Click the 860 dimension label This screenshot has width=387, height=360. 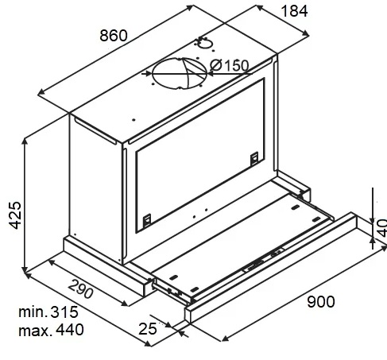tap(114, 36)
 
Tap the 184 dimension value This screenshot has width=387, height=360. tap(294, 11)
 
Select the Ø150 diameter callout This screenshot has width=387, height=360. tap(230, 65)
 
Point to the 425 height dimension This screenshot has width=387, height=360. tap(15, 215)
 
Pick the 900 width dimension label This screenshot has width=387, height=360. tap(321, 302)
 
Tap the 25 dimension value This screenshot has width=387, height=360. tap(148, 329)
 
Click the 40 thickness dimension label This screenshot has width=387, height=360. tap(382, 228)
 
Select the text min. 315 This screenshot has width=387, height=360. tap(48, 312)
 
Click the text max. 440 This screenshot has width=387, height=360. tap(51, 330)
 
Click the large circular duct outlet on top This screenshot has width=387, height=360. tap(180, 73)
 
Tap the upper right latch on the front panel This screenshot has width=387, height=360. tap(254, 158)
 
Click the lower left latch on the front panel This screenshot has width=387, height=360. tap(147, 220)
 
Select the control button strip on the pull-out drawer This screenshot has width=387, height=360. tap(264, 260)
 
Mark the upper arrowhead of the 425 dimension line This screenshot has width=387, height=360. tap(25, 141)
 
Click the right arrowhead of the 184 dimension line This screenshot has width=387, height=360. tap(306, 33)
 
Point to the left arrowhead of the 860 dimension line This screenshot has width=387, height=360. tap(41, 92)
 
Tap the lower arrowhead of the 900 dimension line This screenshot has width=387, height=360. tap(225, 338)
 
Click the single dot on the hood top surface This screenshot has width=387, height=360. tap(134, 120)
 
